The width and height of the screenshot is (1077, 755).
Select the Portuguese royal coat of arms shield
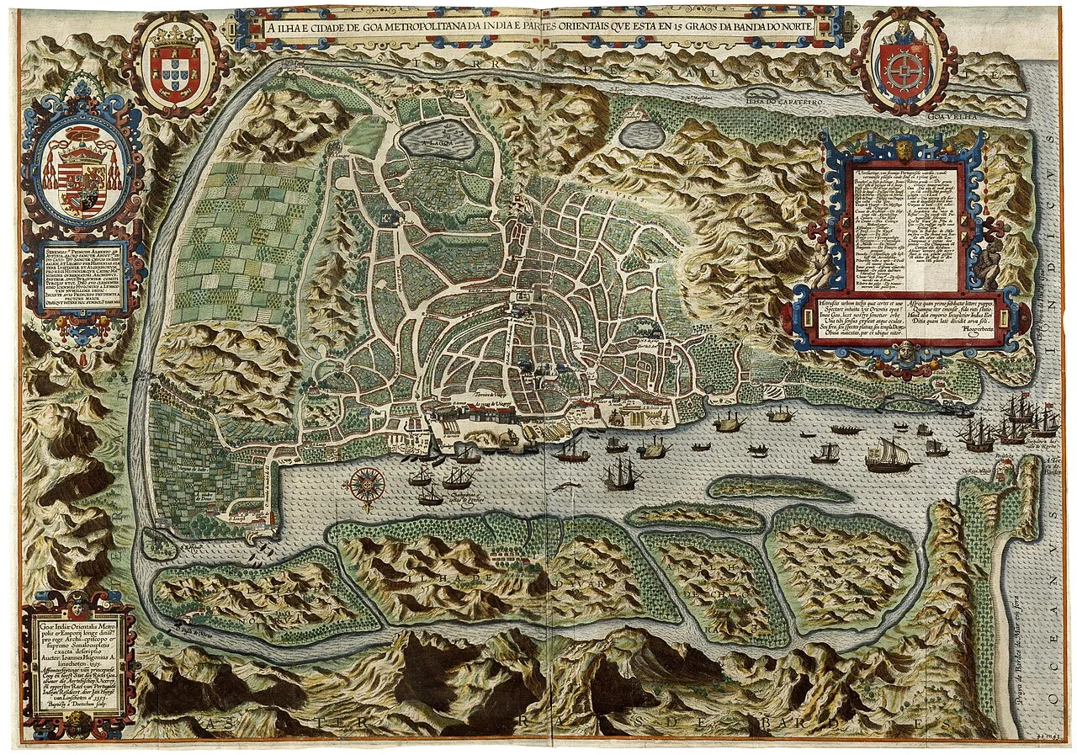coord(176,66)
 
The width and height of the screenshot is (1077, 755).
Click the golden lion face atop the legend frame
coord(903,152)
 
